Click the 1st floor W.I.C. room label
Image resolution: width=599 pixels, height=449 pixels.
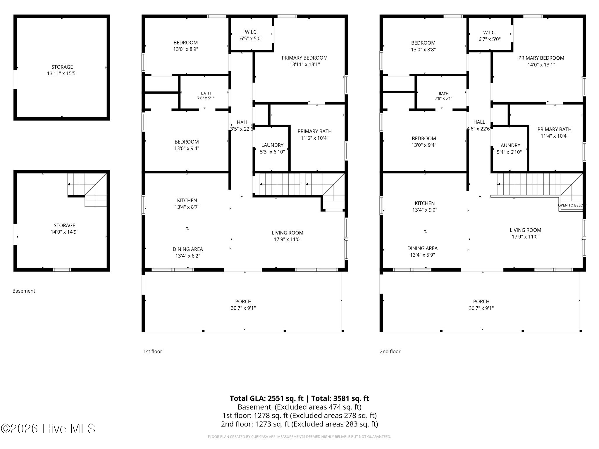(251, 32)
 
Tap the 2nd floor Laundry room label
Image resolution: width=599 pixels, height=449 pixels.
(509, 145)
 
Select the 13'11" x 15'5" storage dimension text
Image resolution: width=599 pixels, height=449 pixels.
(62, 73)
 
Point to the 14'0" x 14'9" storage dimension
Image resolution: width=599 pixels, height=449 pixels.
(64, 232)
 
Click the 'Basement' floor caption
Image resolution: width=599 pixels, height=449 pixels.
(24, 291)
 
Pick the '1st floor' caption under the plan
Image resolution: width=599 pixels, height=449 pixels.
(153, 351)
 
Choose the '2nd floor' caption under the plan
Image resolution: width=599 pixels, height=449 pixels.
(390, 351)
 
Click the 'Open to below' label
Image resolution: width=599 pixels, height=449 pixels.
(572, 205)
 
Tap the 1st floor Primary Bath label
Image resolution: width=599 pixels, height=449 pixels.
(315, 132)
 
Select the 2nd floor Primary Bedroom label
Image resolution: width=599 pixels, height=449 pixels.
(541, 58)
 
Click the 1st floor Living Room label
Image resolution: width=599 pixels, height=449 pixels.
(288, 233)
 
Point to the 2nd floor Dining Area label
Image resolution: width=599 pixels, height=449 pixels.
(422, 248)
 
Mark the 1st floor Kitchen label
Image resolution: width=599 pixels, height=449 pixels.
(187, 201)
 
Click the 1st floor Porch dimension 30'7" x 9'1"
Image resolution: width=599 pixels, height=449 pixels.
(243, 308)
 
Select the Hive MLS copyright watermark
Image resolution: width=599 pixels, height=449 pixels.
(48, 429)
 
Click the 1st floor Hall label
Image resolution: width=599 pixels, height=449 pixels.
(242, 122)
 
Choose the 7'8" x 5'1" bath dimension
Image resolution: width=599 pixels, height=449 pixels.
(443, 99)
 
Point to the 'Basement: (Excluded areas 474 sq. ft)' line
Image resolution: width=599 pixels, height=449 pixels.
(299, 407)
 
